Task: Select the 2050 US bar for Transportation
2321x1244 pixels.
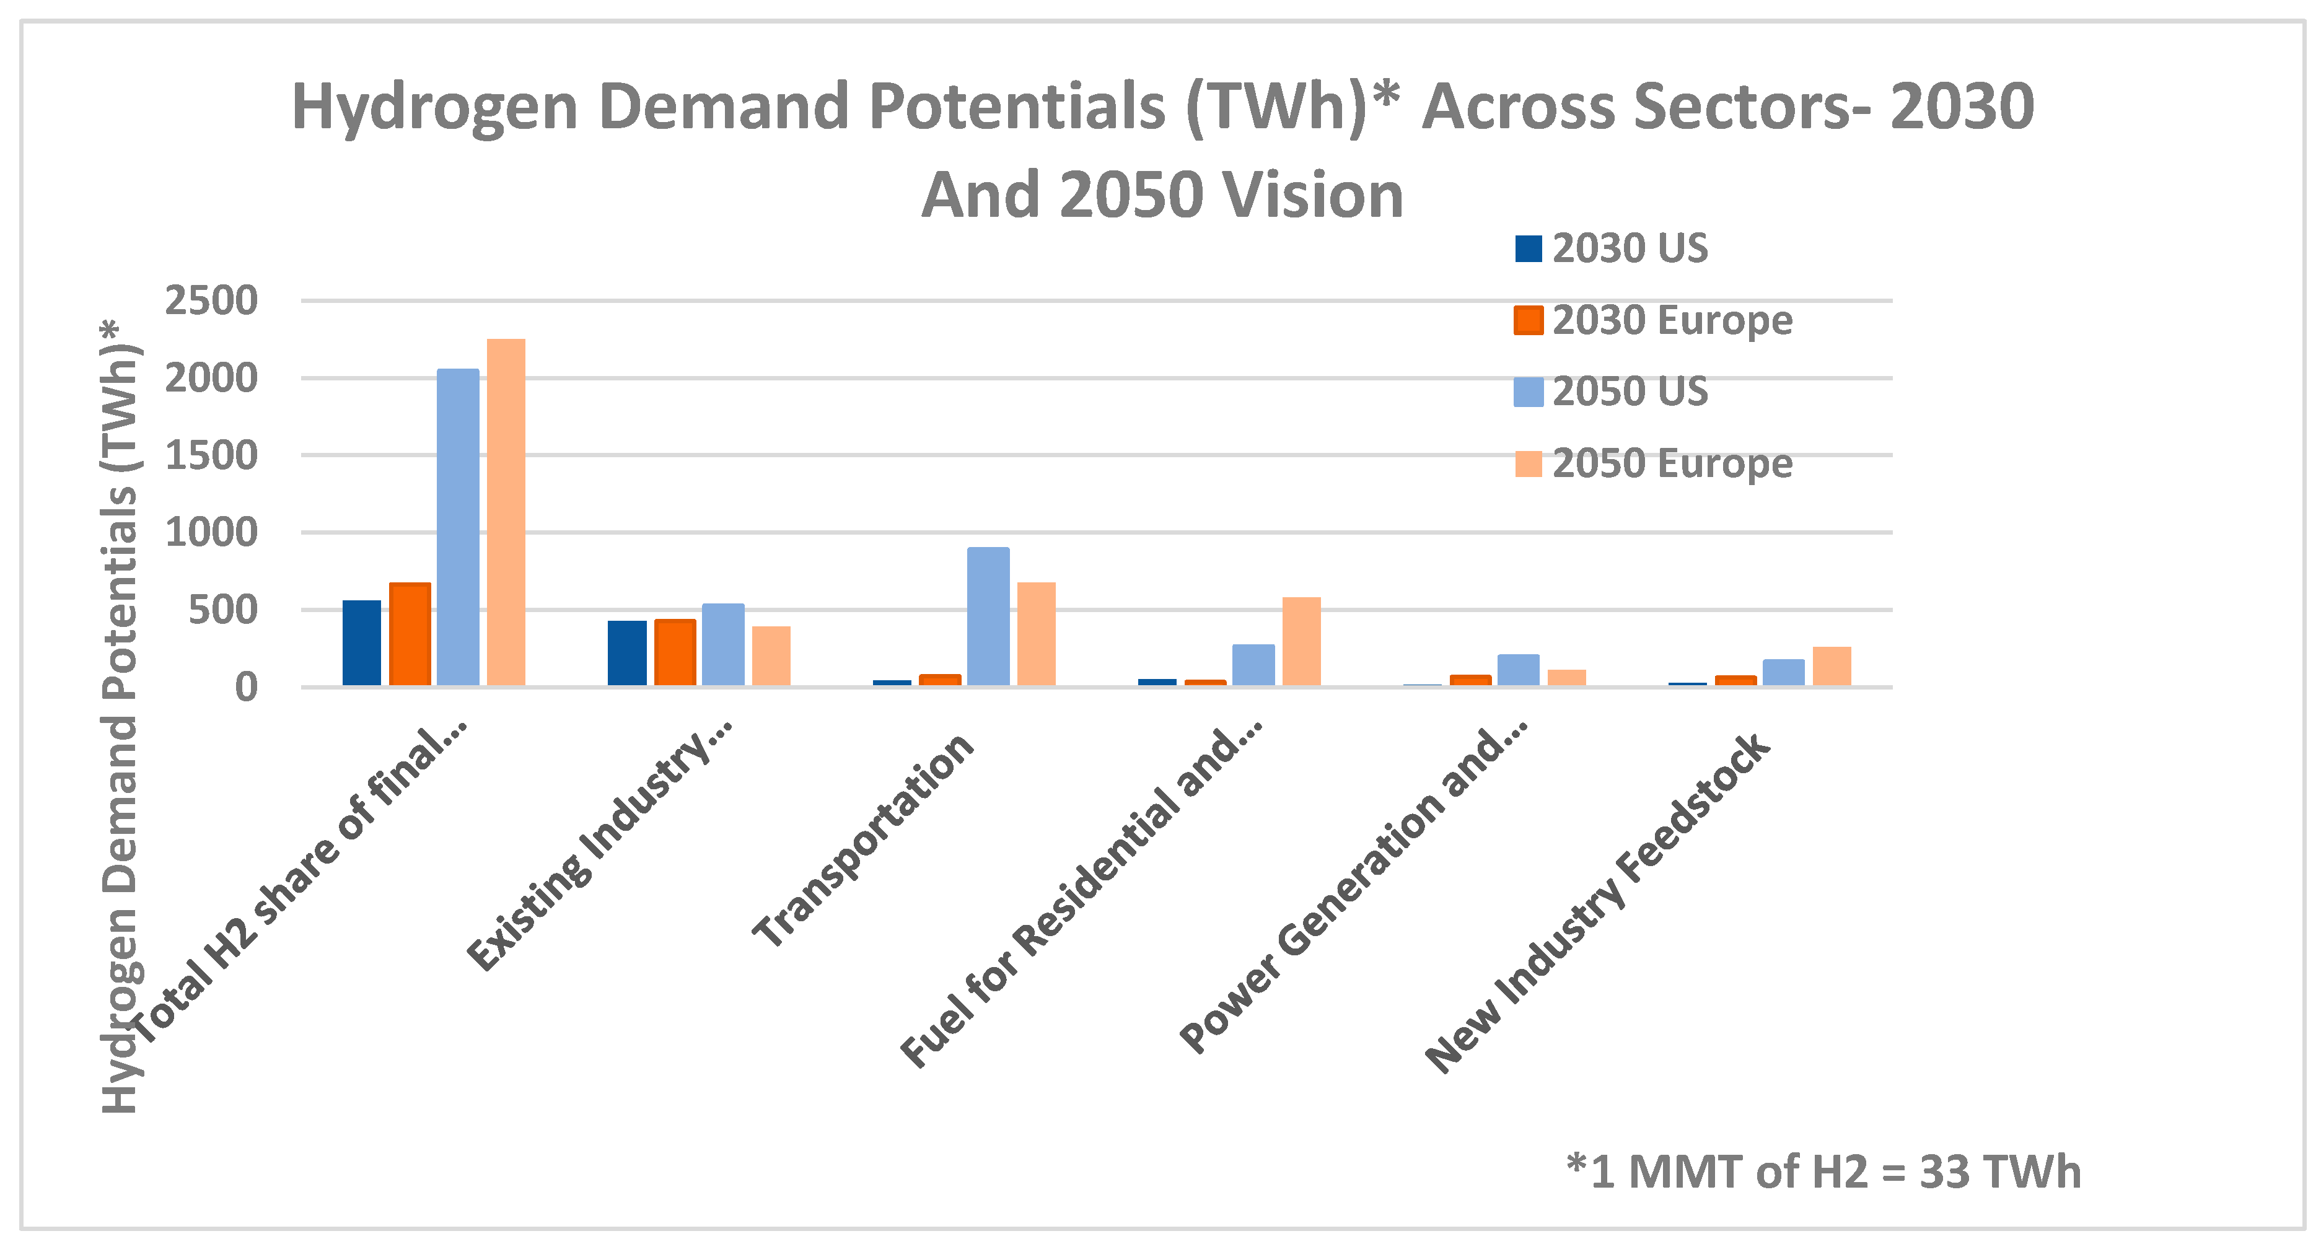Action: [988, 617]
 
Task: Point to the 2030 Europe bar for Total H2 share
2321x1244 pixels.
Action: [410, 634]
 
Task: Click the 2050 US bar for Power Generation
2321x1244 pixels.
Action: [1518, 670]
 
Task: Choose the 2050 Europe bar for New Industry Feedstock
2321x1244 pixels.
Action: [1832, 667]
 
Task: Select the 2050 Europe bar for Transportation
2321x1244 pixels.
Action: [1036, 634]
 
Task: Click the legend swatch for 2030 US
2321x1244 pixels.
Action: [1528, 248]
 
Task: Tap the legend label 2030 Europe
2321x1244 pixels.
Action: [1672, 321]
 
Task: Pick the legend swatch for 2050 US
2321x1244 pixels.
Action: [1528, 392]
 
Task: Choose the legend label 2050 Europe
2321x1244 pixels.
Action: [1672, 464]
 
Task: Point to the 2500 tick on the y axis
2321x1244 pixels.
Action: [211, 301]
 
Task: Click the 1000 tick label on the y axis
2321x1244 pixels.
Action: [211, 532]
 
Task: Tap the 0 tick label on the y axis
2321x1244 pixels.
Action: [246, 687]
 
